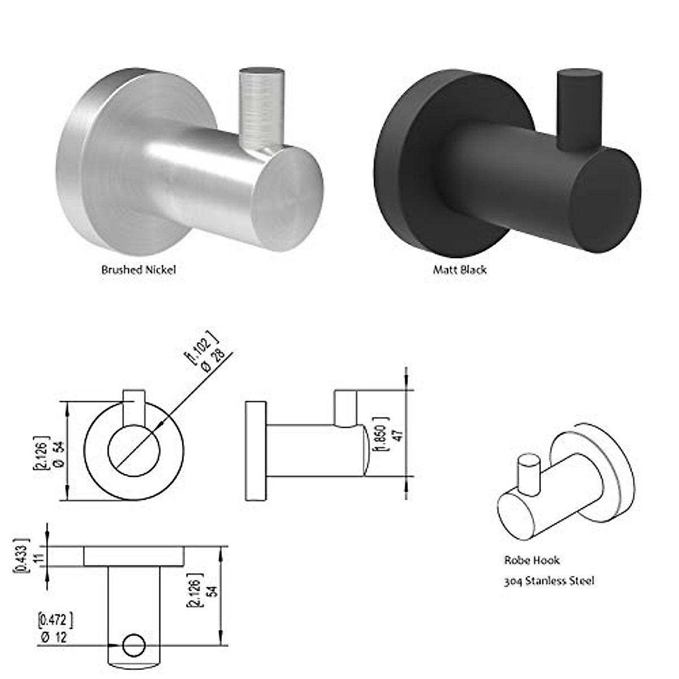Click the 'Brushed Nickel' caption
139,270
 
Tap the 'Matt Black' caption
459,270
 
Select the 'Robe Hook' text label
532,560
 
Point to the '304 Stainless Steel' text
549,581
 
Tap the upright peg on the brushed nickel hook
261,108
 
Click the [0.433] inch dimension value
20,556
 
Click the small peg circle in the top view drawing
134,645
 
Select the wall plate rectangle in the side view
256,451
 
